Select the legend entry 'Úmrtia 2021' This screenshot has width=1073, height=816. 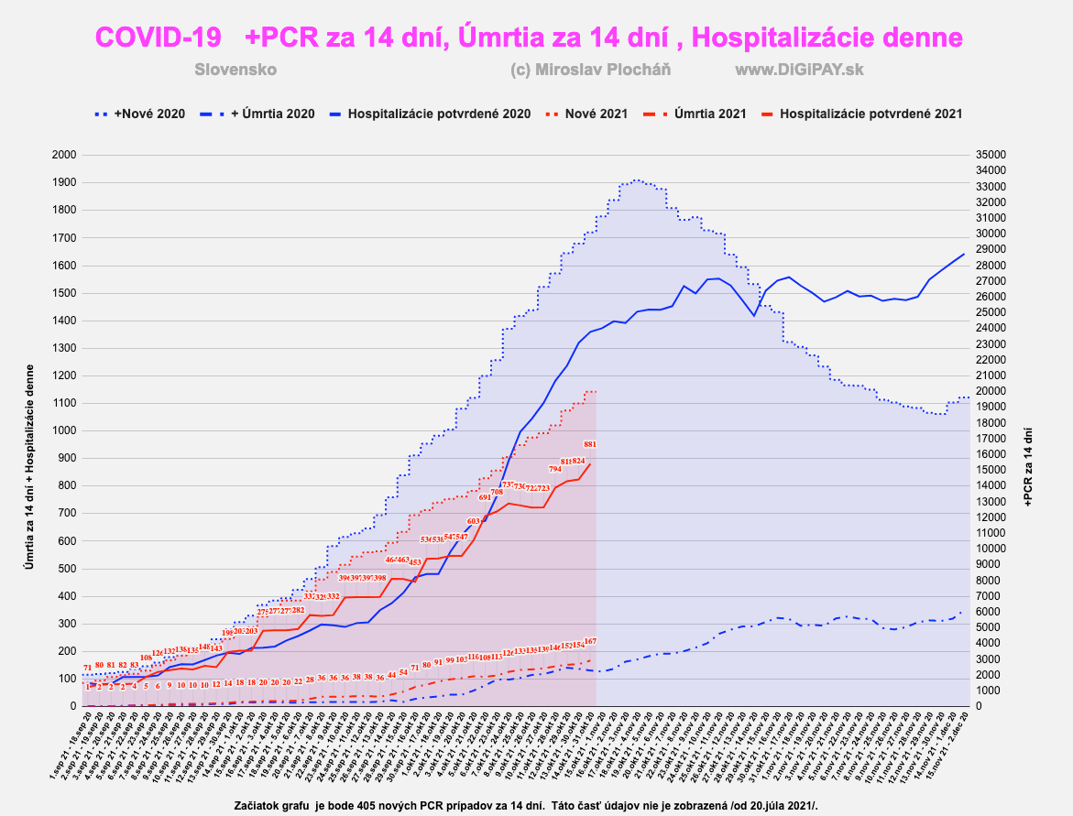pos(709,114)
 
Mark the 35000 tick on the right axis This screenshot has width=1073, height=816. pos(997,155)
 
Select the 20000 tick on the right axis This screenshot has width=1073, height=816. pos(997,391)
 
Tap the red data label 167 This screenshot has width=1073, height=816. pos(590,641)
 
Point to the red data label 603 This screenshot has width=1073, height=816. pos(474,520)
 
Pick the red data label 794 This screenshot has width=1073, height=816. pos(555,469)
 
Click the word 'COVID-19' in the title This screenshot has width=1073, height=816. pos(159,38)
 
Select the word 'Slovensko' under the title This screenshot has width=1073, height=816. pos(235,70)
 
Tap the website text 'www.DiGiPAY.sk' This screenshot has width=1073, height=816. pos(800,70)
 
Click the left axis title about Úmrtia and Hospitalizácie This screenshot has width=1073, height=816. pos(29,430)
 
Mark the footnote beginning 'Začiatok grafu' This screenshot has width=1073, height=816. pos(525,805)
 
